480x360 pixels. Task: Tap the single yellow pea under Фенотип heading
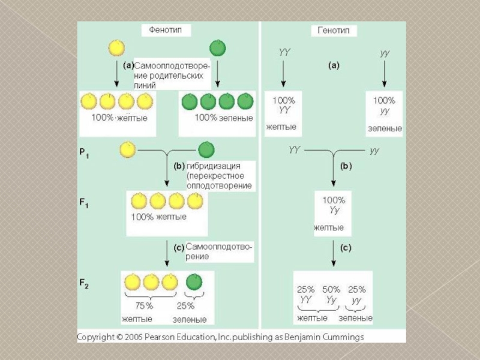116,47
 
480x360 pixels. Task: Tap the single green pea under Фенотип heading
218,48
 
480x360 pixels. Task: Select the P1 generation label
85,153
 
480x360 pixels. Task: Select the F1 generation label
85,203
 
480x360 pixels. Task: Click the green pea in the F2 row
194,281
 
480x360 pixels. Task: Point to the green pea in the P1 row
206,149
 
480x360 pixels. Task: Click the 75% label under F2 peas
144,305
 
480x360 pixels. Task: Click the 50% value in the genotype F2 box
332,289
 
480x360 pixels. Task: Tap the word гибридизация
214,166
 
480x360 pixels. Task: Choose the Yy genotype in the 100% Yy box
334,210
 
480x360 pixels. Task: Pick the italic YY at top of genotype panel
284,53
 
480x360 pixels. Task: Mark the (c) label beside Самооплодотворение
178,247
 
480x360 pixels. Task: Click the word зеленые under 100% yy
385,128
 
